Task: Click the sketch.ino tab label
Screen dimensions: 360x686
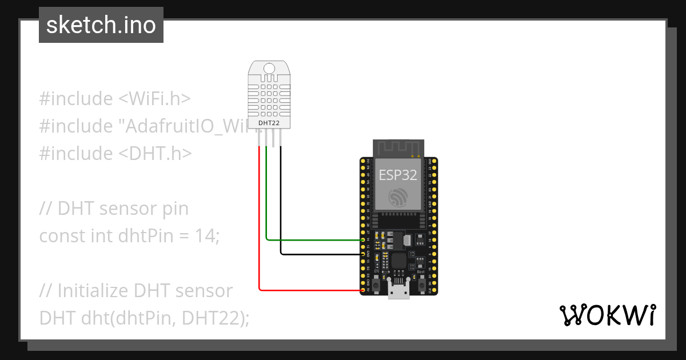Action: click(101, 25)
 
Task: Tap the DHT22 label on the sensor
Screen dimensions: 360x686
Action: click(269, 122)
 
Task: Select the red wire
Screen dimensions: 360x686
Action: click(260, 229)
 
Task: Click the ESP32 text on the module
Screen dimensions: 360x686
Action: click(398, 175)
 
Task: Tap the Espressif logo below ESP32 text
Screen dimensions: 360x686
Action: click(398, 197)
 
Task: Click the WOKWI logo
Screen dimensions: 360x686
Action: click(607, 315)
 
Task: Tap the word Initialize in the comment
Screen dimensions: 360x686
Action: click(93, 290)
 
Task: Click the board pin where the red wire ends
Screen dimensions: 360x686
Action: click(363, 290)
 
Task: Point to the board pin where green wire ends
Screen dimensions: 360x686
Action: click(363, 239)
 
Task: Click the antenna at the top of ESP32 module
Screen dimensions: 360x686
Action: click(398, 147)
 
